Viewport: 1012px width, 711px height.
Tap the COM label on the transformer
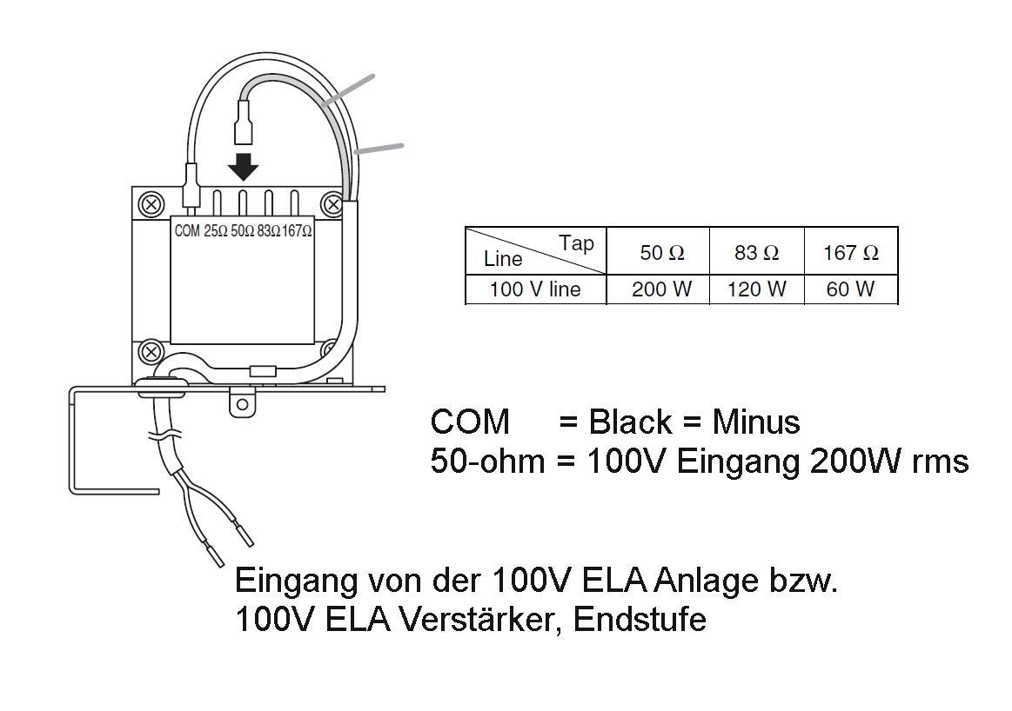[x=188, y=232]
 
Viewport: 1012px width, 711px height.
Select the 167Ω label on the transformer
[x=297, y=232]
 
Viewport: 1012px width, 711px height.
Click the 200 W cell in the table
[x=661, y=289]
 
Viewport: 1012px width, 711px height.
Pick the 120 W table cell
[x=756, y=289]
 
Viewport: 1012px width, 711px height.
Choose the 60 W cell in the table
[x=850, y=289]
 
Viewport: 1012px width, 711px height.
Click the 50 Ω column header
[x=661, y=253]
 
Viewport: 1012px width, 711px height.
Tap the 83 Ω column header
[x=756, y=253]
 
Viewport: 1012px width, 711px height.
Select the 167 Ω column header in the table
[x=850, y=253]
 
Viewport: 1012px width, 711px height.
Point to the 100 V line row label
[x=534, y=289]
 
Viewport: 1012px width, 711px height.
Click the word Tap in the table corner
[x=576, y=243]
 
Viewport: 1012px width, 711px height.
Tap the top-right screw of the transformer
[x=332, y=205]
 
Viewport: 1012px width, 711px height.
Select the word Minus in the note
[x=755, y=422]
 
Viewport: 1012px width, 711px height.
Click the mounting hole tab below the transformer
[x=242, y=403]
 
